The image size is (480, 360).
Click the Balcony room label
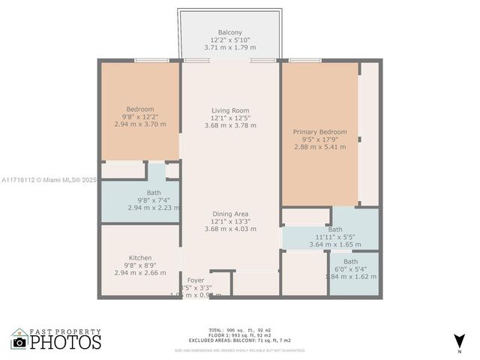point(229,32)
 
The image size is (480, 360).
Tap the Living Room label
point(229,110)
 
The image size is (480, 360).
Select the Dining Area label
point(229,213)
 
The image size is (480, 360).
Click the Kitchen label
point(139,257)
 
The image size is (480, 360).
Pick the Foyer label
point(196,280)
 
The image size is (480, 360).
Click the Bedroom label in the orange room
point(139,109)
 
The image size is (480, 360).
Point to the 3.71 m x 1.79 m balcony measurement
point(229,47)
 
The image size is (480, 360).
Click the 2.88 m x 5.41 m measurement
point(319,147)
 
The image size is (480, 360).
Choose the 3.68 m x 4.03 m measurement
point(229,228)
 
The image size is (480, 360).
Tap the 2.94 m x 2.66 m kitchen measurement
point(139,273)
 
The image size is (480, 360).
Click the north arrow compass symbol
point(459,341)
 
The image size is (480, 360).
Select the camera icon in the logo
point(19,342)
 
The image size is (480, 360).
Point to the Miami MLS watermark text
point(49,180)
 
